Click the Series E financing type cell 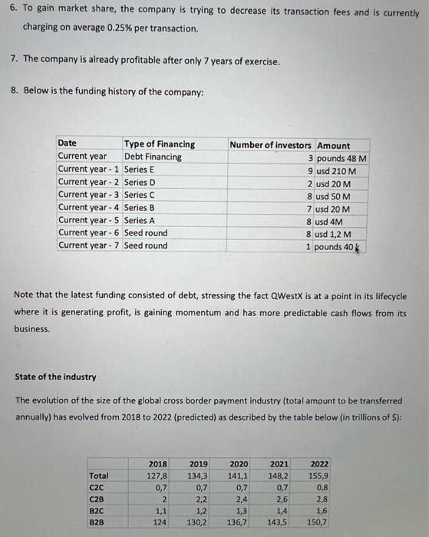pos(140,170)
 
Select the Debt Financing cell pos(153,156)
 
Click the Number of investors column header pos(271,145)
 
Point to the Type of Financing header pos(160,143)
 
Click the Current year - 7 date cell pos(89,245)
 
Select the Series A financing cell pos(140,220)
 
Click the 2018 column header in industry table pos(157,464)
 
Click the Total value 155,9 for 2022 pos(318,476)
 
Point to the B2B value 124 pos(160,522)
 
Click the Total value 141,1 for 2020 pos(238,476)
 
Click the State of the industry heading pos(56,376)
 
